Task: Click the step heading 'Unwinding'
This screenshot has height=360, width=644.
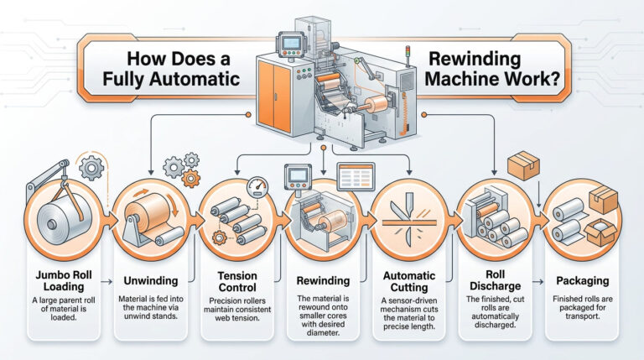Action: pos(151,281)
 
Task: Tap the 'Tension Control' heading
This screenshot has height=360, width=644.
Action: pos(237,281)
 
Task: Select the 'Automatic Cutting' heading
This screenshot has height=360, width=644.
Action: pos(409,281)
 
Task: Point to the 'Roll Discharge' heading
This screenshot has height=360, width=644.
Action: pos(496,280)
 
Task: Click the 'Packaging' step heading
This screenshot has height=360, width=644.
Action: pos(583,281)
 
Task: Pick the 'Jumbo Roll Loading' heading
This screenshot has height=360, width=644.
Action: pos(64,280)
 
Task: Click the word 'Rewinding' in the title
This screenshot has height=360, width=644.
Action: pos(475,60)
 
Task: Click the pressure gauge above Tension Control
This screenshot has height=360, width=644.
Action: pos(257,187)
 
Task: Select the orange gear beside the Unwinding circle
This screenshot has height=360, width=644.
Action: pos(191,178)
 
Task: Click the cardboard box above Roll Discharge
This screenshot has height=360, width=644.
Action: pos(523,165)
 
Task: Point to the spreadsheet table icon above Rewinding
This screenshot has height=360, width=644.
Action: pos(356,177)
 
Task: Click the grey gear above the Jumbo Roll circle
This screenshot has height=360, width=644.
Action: pos(91,167)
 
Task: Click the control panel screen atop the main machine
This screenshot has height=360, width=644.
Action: pos(292,43)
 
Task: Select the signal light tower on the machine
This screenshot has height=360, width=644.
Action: pos(408,56)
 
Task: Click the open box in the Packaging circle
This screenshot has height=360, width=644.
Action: pos(600,232)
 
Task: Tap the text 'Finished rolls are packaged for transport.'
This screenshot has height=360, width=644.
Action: pos(583,307)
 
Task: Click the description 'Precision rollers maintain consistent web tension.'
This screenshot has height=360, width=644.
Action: pos(237,309)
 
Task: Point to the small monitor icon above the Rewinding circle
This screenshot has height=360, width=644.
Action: pos(298,175)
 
